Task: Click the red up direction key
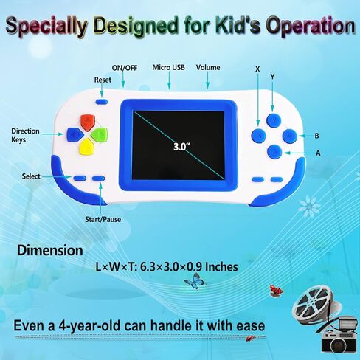coord(88,122)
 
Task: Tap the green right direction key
coord(100,134)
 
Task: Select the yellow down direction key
coord(87,147)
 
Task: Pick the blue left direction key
coord(75,135)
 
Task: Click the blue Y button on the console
coord(274,120)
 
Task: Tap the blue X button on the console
coord(259,135)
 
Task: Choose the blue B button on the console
coord(290,136)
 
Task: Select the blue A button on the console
coord(274,151)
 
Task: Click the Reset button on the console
coord(102,102)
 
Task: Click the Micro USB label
coord(169,67)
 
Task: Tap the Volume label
coord(208,67)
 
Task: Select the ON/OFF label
coord(125,68)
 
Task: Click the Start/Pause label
coord(103,219)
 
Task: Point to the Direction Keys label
coord(25,135)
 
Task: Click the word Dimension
coord(50,250)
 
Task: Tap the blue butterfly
coord(195,281)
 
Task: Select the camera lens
coord(339,345)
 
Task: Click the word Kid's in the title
coord(235,25)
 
